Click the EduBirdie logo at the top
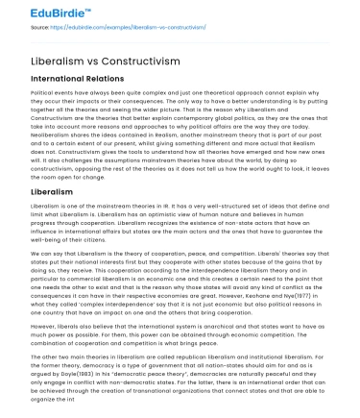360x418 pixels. pos(39,14)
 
